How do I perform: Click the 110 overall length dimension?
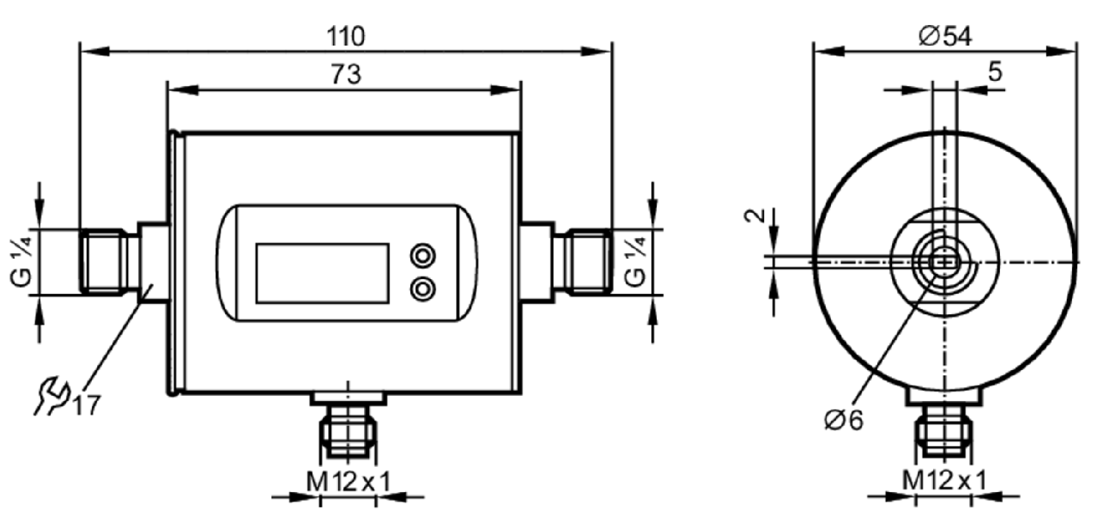coord(346,37)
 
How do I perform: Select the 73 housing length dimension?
coord(346,74)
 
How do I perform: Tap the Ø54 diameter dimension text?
coord(945,37)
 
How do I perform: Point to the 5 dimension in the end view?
coord(995,72)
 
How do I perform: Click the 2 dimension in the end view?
coord(755,215)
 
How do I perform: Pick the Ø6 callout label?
coord(844,420)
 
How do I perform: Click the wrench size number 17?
coord(87,405)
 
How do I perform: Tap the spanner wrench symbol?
coord(52,396)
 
